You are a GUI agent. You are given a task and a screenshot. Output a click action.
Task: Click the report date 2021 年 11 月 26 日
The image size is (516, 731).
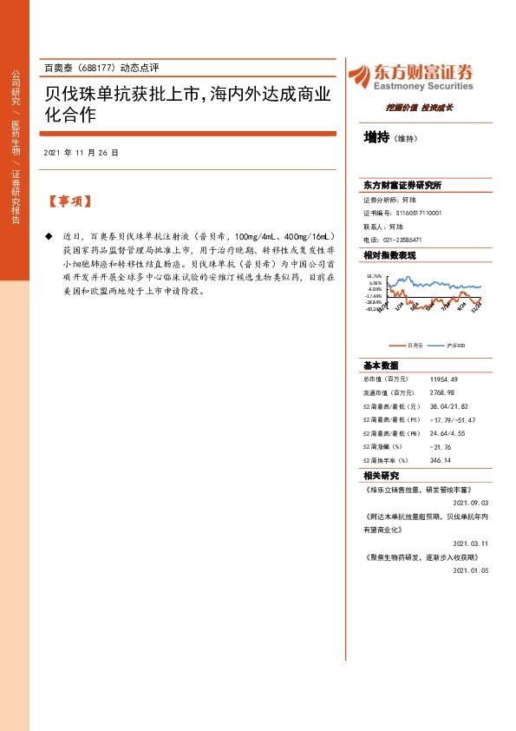tap(80, 153)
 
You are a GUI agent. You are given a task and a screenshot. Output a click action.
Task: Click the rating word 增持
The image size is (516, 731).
tap(376, 136)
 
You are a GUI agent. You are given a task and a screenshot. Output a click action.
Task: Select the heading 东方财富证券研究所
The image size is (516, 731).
tap(402, 186)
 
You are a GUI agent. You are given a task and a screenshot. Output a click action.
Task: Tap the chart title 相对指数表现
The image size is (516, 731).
tap(389, 256)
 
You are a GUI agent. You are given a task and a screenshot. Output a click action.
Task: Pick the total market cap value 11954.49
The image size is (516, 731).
tap(443, 379)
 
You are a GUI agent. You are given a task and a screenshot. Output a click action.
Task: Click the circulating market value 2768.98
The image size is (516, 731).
tap(441, 392)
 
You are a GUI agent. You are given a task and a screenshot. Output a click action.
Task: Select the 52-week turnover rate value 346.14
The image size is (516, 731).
tap(441, 460)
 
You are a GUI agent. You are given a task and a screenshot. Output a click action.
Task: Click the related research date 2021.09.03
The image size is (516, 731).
tap(471, 503)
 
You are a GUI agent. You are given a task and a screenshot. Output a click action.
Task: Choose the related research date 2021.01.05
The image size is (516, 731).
tap(471, 570)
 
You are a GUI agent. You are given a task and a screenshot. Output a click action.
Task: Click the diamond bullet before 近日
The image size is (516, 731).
tap(48, 236)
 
